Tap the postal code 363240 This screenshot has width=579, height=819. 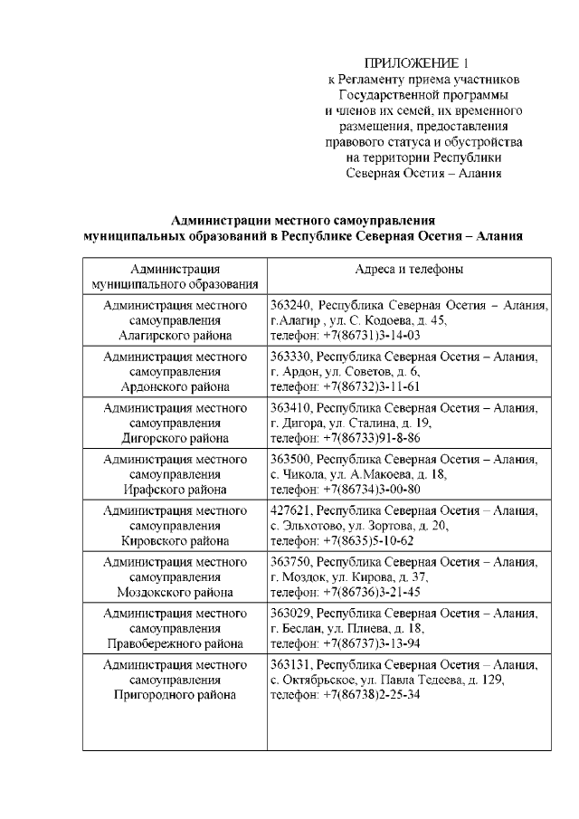[x=291, y=306]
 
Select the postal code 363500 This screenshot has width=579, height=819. [x=291, y=460]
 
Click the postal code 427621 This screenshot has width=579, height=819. [x=291, y=511]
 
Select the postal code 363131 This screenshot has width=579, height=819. [x=291, y=665]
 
